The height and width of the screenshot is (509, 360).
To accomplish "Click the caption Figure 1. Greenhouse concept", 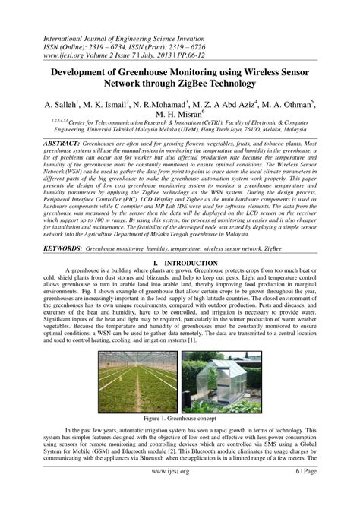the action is tap(179, 418).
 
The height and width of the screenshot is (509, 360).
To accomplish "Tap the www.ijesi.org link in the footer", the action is tap(180, 492).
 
